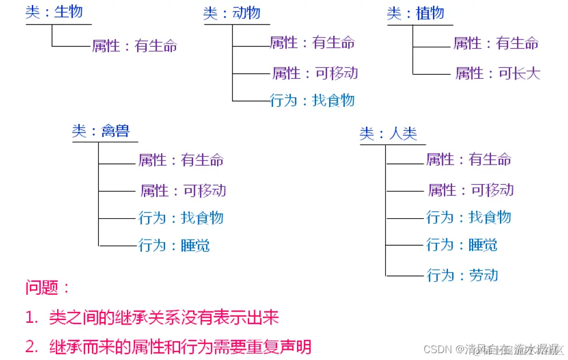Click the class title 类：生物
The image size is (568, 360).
[x=54, y=12]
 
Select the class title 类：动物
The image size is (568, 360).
[x=232, y=13]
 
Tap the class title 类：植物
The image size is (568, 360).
[x=415, y=13]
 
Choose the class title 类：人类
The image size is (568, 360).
[x=389, y=134]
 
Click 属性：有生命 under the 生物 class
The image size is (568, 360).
[x=135, y=46]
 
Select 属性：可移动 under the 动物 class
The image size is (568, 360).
[x=315, y=73]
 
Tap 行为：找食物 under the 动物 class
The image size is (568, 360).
[x=313, y=101]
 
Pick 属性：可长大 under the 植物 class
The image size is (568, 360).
[x=498, y=73]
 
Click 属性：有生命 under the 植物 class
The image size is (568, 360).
[x=496, y=43]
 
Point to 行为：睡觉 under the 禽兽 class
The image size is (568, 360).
[x=174, y=246]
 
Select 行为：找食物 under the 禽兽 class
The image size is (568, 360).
[x=181, y=218]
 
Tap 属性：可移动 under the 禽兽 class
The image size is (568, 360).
[x=183, y=190]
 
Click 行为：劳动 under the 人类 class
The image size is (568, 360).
[x=462, y=275]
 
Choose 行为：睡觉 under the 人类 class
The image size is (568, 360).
[x=462, y=245]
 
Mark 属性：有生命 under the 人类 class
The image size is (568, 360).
[x=469, y=159]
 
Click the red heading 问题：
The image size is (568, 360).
[x=47, y=287]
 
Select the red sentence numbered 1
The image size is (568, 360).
[x=153, y=317]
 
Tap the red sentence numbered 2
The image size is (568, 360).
[x=169, y=346]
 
